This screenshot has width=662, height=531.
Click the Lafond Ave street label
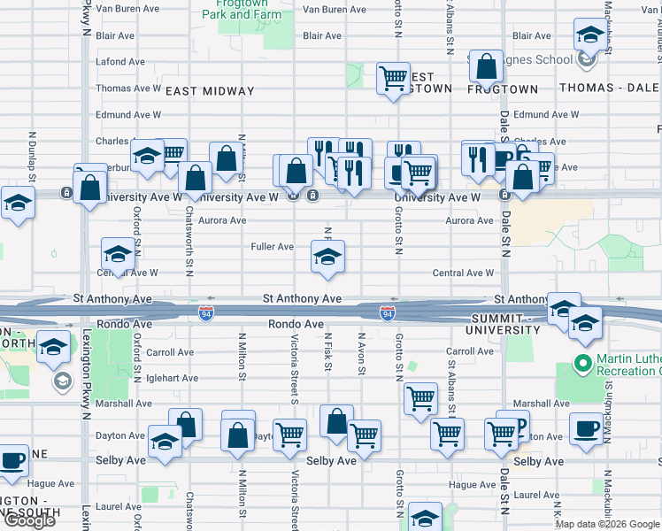pyautogui.click(x=120, y=62)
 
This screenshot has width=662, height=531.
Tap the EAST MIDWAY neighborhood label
pyautogui.click(x=210, y=91)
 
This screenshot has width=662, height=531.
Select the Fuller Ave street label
pyautogui.click(x=273, y=247)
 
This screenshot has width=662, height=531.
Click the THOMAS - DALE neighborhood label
pyautogui.click(x=610, y=89)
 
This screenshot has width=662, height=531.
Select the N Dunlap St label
pyautogui.click(x=32, y=157)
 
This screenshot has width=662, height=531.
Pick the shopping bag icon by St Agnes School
pyautogui.click(x=486, y=65)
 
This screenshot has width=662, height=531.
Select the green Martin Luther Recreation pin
pyautogui.click(x=582, y=363)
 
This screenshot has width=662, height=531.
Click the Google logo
pyautogui.click(x=29, y=520)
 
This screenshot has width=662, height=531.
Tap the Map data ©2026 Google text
pyautogui.click(x=607, y=524)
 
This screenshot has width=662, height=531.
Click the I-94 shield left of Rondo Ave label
pyautogui.click(x=205, y=315)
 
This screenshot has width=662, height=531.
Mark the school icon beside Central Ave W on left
pyautogui.click(x=117, y=254)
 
